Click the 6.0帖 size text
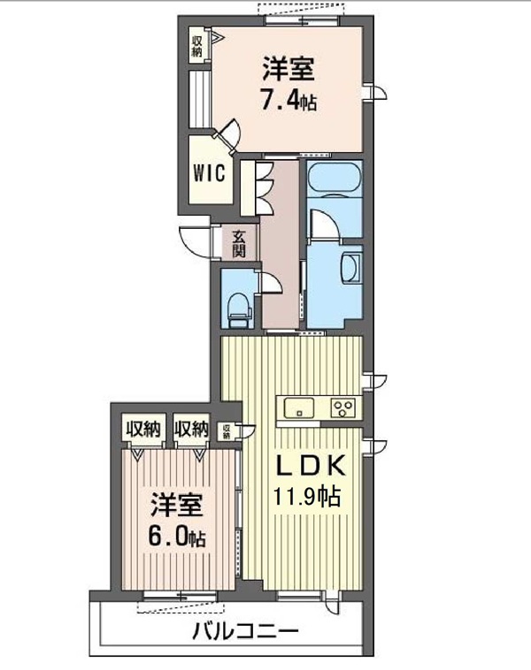[177, 537]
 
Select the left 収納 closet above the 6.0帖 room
[141, 430]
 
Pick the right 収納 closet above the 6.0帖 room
[190, 430]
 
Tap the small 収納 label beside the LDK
[227, 431]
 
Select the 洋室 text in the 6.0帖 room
[177, 506]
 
